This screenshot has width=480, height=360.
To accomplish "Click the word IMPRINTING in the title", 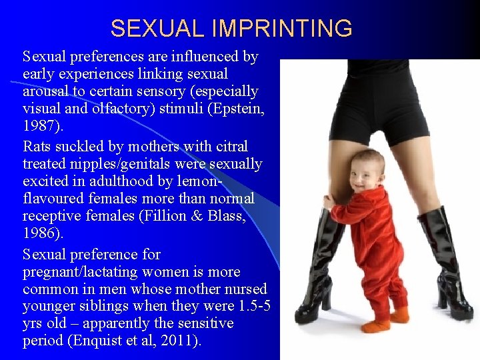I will [x=282, y=29].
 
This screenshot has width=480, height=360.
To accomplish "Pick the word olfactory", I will [x=118, y=109].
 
